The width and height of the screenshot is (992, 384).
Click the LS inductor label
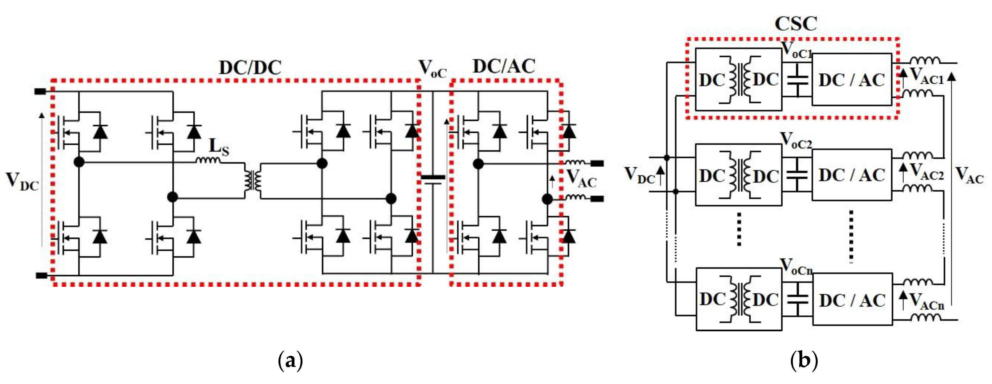click(x=219, y=148)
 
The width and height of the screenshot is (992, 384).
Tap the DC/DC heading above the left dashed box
click(x=250, y=68)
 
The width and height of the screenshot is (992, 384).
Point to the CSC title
click(x=796, y=24)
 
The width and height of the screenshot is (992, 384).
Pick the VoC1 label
click(x=796, y=51)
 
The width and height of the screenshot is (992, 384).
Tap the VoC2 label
click(x=796, y=141)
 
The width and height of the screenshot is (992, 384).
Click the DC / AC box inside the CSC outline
click(x=851, y=80)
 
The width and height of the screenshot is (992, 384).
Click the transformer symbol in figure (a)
click(x=252, y=181)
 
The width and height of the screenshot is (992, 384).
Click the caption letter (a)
click(x=290, y=361)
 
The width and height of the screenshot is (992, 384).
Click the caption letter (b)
click(x=804, y=361)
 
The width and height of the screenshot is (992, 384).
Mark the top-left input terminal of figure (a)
click(x=40, y=92)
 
